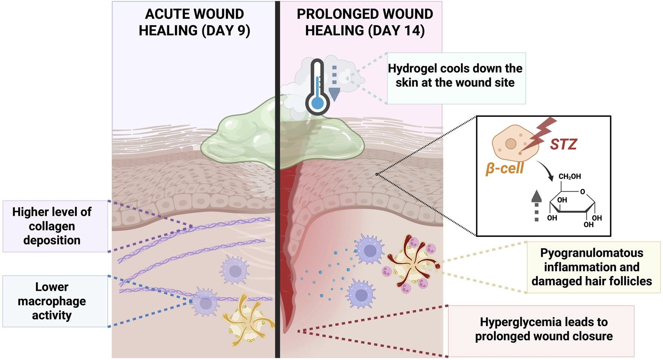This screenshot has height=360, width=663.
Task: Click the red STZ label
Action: coord(563,144)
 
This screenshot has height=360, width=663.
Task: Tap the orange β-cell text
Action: coord(504,168)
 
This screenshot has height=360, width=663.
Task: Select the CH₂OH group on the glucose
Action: coord(569,177)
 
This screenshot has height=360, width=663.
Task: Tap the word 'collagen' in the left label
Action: coord(52,226)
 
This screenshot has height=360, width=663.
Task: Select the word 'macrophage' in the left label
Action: coord(52,301)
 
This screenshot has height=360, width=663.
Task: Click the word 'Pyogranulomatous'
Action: coord(592,253)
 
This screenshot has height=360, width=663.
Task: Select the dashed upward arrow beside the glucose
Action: coord(537,205)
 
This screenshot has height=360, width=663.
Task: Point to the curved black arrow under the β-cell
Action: coord(546,170)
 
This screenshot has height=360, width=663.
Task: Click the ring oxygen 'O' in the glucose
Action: coord(583,192)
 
